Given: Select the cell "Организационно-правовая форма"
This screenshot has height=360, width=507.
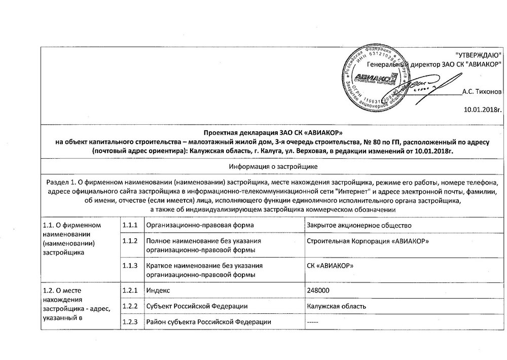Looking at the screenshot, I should coord(200,225).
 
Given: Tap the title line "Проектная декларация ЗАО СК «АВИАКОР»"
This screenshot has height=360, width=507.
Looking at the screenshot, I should coord(273,132).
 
